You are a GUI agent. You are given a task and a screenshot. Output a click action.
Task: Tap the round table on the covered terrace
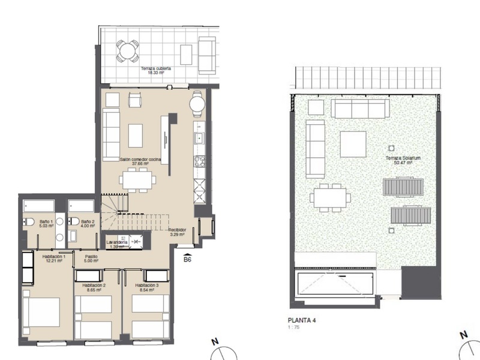[x=127, y=50]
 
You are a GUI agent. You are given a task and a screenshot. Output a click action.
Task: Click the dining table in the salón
[x=137, y=178]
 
